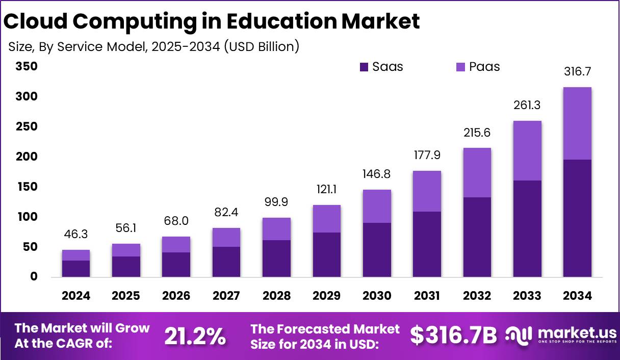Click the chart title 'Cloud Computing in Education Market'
[x=212, y=21]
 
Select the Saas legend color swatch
[x=364, y=67]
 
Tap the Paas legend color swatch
[x=460, y=67]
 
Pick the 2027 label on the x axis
[x=226, y=296]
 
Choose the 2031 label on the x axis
[x=426, y=296]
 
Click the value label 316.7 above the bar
[x=577, y=72]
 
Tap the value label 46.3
[x=76, y=235]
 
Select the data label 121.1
[x=326, y=190]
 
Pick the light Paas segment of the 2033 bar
[x=527, y=150]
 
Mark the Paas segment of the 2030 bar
[x=377, y=206]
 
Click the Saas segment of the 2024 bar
[x=76, y=269]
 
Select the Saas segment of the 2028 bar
[x=276, y=259]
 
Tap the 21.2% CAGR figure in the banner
[x=195, y=336]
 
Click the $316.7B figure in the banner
[x=453, y=335]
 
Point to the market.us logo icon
[x=519, y=335]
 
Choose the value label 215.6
[x=477, y=133]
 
